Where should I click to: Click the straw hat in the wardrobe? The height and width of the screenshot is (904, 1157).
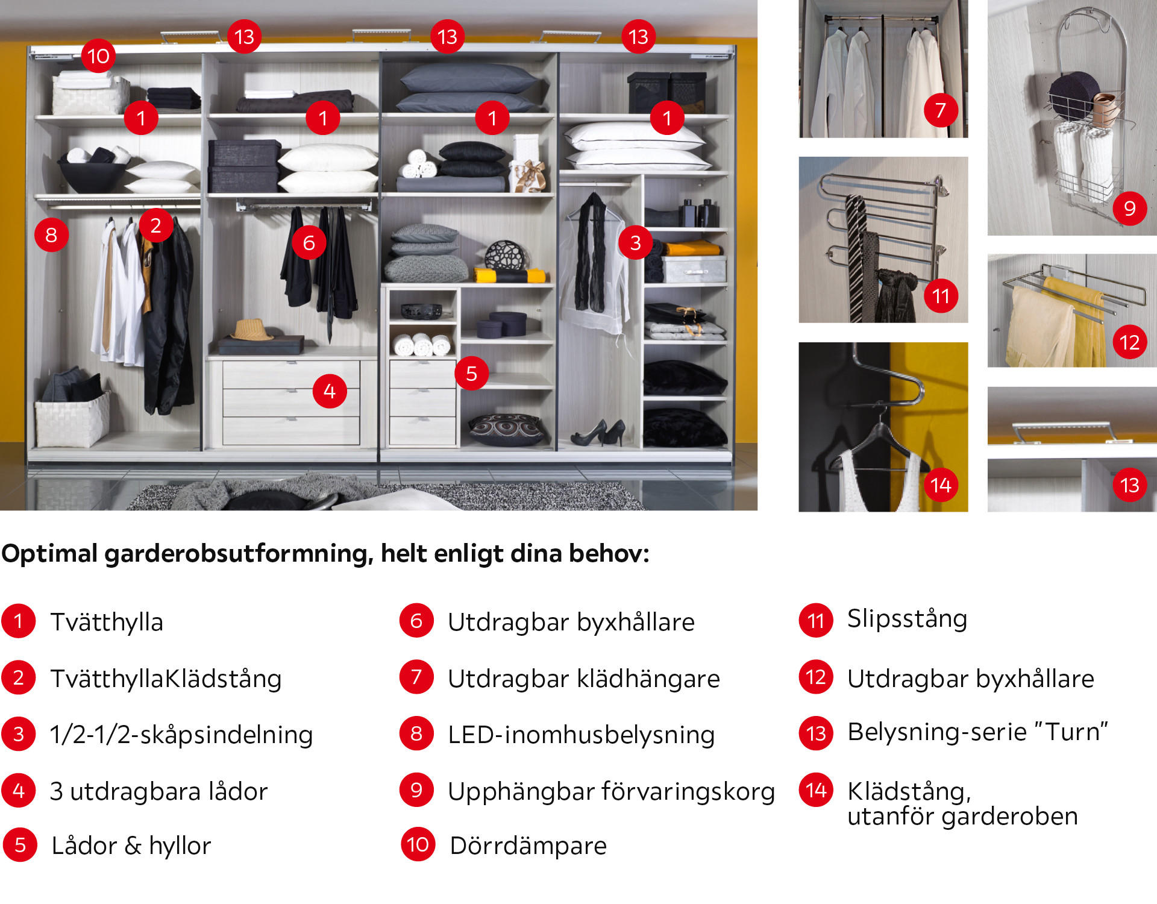coord(253,330)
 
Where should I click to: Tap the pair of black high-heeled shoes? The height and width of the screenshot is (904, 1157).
coord(598,433)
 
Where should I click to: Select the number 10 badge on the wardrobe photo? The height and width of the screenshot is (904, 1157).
coord(98,56)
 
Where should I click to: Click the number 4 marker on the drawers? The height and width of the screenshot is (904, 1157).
coord(330,391)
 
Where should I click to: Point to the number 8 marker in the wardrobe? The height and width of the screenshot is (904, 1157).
coord(51,234)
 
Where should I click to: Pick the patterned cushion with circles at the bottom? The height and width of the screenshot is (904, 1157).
coord(506,429)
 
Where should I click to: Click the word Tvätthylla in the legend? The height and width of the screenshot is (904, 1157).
coord(107,622)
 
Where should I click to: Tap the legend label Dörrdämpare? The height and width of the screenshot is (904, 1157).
coord(528,846)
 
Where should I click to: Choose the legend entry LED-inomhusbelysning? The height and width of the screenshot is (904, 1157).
coord(581,735)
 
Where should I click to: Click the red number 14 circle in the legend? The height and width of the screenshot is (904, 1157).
coord(816,790)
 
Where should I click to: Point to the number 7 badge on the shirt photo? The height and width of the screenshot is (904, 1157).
coord(941,110)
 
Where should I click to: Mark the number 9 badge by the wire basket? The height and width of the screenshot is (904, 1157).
coord(1129,208)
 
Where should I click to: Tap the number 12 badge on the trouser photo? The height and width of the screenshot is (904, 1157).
coord(1129,342)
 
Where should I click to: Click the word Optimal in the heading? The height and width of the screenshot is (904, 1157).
coord(49,554)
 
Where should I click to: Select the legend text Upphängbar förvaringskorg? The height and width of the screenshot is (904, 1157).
coord(611,792)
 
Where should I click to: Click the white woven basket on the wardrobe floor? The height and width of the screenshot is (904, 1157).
coord(72,418)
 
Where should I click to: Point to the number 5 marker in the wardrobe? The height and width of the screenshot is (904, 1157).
coord(472,373)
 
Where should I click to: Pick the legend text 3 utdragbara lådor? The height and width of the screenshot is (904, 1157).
coord(158,791)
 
